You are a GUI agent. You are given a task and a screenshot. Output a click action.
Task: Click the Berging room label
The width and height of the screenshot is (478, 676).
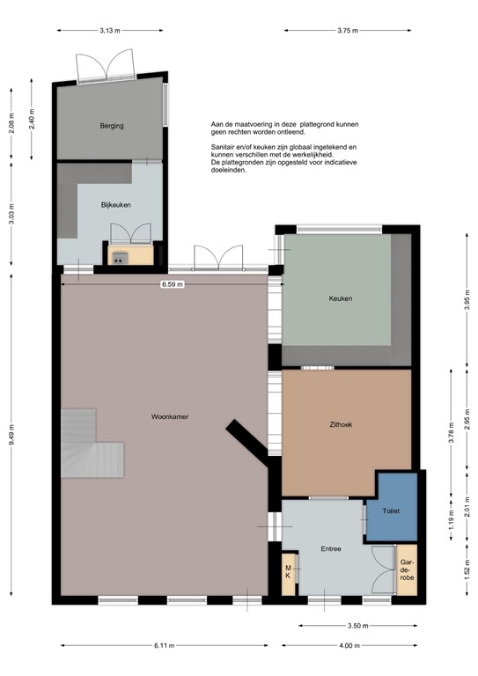click(x=112, y=126)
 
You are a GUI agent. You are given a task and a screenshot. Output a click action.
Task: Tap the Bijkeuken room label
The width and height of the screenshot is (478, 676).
click(x=116, y=205)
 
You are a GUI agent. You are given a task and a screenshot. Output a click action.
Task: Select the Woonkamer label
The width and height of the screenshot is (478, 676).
click(x=170, y=417)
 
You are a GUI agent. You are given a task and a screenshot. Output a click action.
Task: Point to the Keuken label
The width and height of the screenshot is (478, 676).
click(x=341, y=298)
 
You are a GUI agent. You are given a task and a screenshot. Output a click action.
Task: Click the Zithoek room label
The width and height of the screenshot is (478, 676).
click(x=341, y=424)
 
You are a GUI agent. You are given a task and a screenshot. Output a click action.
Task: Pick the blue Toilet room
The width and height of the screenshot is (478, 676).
click(x=392, y=507)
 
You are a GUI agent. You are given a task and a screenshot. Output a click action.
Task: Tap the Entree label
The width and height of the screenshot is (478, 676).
click(x=331, y=549)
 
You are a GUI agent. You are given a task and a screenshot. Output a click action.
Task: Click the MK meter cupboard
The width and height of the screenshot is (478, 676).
click(x=289, y=574)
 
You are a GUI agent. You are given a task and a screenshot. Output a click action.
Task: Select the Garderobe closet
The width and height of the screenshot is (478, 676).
click(x=407, y=570)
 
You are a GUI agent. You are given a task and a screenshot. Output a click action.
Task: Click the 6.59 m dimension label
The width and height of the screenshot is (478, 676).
click(x=173, y=284)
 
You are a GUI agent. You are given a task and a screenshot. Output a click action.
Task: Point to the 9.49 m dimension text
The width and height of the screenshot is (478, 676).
click(x=11, y=437)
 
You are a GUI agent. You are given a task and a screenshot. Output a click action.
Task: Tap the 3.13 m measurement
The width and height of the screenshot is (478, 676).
click(x=110, y=31)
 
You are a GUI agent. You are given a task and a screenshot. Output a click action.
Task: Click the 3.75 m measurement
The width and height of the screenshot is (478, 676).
click(x=348, y=31)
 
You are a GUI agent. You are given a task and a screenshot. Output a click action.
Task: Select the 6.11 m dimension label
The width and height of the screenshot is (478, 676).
click(x=165, y=646)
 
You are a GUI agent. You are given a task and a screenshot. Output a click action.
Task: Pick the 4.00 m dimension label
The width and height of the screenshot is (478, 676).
click(x=349, y=646)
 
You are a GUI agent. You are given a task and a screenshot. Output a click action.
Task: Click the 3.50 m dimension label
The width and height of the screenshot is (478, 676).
click(x=357, y=626)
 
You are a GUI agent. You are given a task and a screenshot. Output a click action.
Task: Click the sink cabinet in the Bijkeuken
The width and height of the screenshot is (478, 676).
click(x=130, y=254)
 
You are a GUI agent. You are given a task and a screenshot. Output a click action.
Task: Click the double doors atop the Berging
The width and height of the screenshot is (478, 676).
click(x=105, y=64)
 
